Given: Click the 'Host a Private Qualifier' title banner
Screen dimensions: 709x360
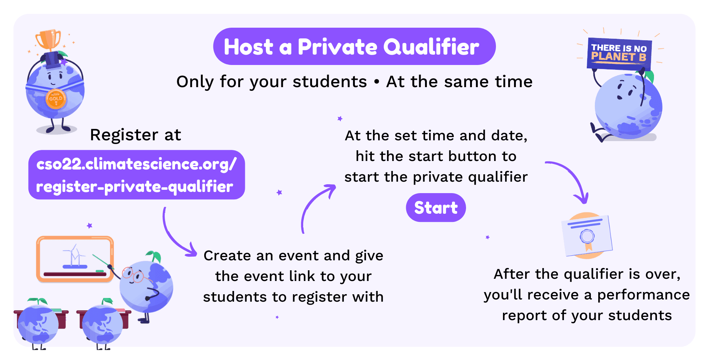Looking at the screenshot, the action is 354,47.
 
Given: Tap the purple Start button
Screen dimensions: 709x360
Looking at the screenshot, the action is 436,208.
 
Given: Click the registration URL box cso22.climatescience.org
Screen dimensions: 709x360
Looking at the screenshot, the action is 137,175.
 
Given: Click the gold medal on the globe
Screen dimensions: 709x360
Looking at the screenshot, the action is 56,99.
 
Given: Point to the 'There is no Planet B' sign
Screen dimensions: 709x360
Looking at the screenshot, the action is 619,54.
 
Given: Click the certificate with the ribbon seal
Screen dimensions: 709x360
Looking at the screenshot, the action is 587,236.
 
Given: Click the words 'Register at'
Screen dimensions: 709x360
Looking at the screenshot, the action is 136,135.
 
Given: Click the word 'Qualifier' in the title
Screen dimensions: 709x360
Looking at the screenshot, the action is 431,47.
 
